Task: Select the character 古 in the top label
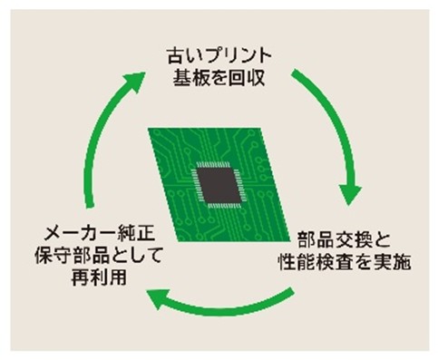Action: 175,56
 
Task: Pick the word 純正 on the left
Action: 136,234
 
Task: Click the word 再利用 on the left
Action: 99,277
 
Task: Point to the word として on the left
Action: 137,256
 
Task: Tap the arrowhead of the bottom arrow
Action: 158,297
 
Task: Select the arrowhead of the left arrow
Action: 134,81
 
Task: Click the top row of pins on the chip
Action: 213,165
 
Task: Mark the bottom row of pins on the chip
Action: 224,206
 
